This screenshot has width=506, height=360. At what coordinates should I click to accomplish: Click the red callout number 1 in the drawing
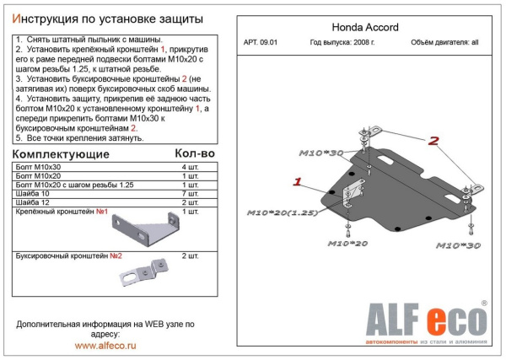(x=298, y=181)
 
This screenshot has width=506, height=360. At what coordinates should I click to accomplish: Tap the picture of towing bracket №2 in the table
(x=140, y=271)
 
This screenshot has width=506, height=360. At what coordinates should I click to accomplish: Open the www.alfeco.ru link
(x=105, y=346)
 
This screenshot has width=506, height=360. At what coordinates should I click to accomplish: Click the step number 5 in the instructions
(x=19, y=137)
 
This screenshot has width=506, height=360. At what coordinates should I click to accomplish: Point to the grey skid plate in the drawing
(x=388, y=190)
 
